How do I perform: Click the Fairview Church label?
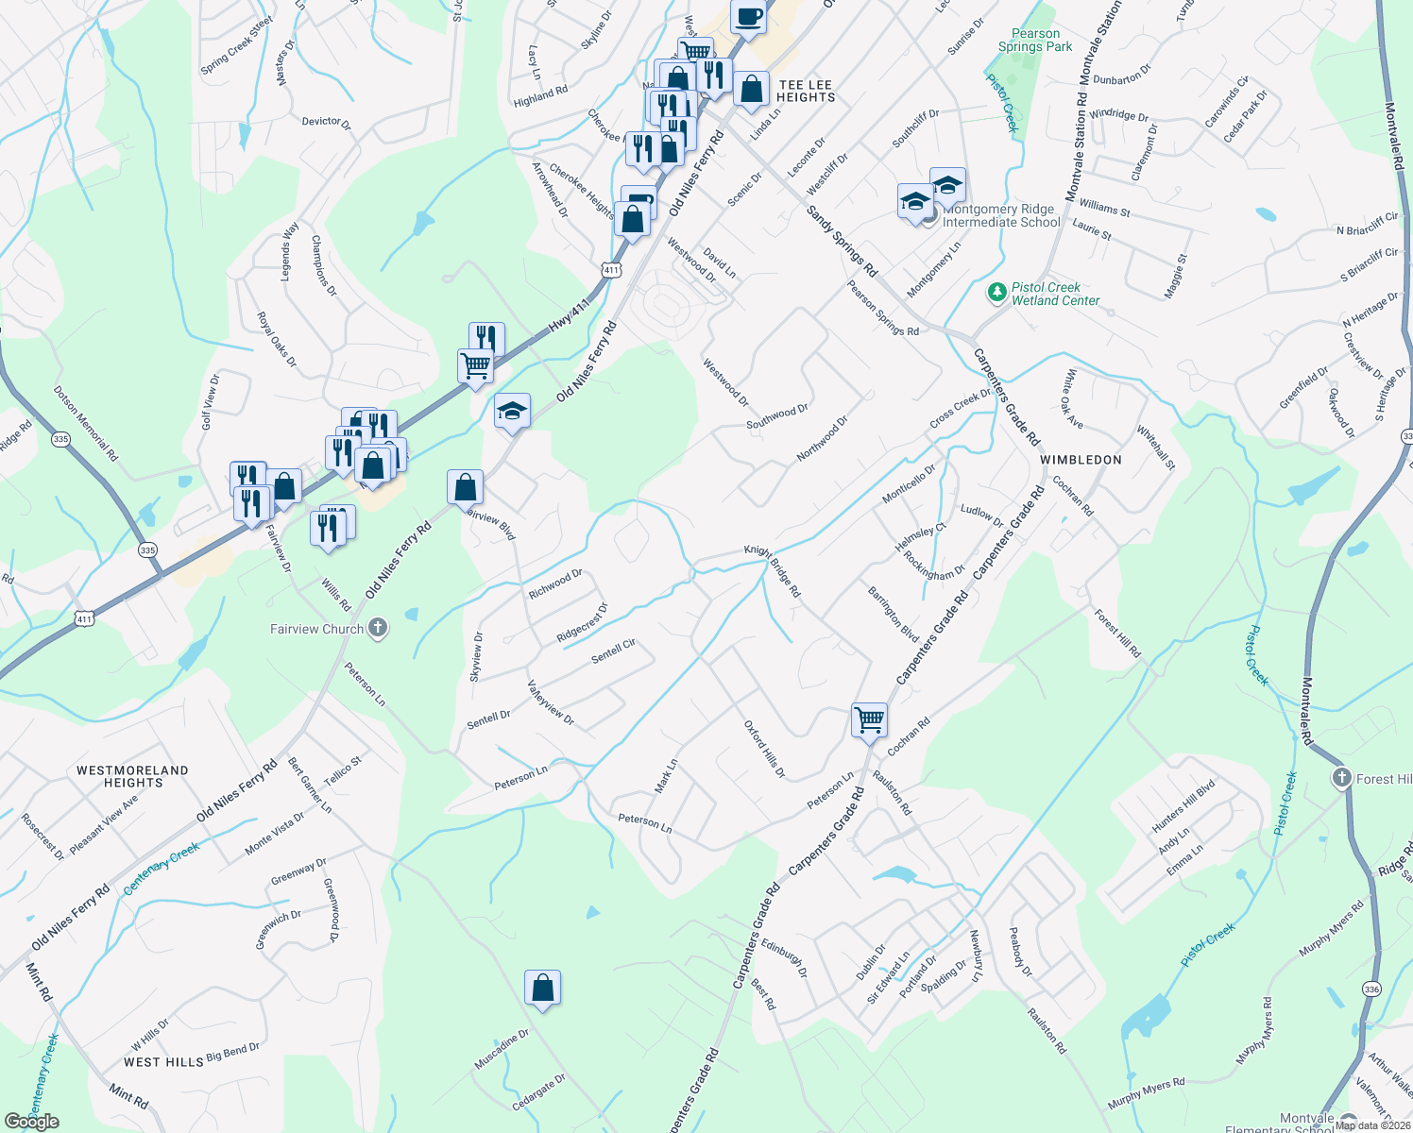tap(316, 629)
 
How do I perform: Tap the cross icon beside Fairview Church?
tap(378, 628)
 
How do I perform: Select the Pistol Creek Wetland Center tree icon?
tap(996, 293)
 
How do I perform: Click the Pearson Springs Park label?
tap(1035, 40)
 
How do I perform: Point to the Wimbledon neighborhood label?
tap(1081, 460)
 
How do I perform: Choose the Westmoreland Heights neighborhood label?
tap(132, 776)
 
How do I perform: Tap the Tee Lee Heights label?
tap(806, 91)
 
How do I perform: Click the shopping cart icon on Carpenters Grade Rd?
tap(869, 719)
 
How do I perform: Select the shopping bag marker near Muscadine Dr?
tap(542, 988)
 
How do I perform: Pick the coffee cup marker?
tap(748, 17)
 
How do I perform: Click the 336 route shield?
tap(1371, 989)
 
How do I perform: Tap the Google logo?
tap(32, 1122)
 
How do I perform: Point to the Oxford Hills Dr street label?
tap(765, 750)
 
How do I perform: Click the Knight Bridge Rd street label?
tap(773, 570)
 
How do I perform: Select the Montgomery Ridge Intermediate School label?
tap(1001, 216)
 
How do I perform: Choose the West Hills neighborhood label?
tap(163, 1062)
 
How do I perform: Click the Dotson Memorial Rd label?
tap(86, 423)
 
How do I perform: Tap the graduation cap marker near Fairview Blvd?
tap(512, 411)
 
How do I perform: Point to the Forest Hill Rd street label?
tap(1117, 634)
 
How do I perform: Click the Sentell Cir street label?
tap(613, 651)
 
